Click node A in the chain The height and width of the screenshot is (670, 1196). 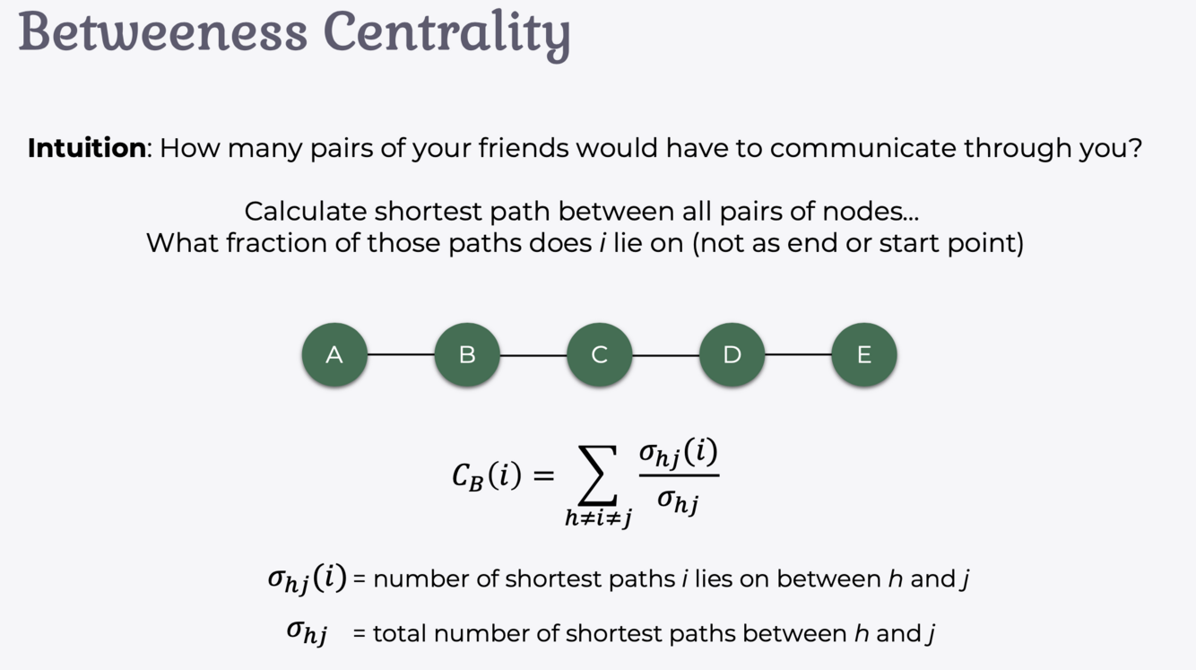click(334, 355)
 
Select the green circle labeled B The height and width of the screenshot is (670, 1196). click(467, 355)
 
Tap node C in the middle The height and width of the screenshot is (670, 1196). click(600, 355)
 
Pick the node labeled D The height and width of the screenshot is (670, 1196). click(732, 355)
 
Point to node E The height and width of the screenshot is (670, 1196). click(864, 355)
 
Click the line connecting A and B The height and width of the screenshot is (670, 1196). click(401, 355)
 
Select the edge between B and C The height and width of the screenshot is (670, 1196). click(533, 355)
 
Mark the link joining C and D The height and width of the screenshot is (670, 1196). click(666, 355)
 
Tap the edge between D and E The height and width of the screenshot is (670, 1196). click(798, 355)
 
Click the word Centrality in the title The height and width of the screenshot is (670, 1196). click(446, 32)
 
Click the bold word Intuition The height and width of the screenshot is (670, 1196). click(86, 148)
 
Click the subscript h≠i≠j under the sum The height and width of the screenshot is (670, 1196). click(598, 518)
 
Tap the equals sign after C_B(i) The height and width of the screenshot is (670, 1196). click(543, 475)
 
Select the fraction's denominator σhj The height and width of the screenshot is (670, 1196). click(678, 500)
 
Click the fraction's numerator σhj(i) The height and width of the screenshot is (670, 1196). click(678, 454)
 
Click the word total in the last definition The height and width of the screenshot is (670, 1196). click(400, 633)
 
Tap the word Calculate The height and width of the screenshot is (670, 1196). click(306, 212)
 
